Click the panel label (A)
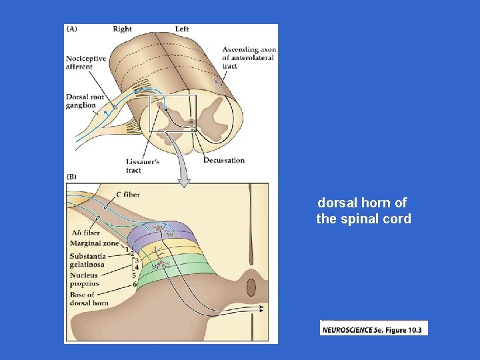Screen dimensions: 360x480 tap(71, 29)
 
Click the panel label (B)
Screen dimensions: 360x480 tap(71, 177)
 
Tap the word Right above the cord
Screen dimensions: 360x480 tap(122, 29)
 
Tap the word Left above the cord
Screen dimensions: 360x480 tap(182, 29)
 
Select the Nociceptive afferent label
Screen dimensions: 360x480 tap(86, 62)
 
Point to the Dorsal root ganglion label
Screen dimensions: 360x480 tap(81, 101)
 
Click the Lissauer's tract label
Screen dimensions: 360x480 tap(142, 165)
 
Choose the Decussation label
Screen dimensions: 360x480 tap(224, 160)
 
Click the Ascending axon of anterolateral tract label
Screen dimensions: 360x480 tap(248, 57)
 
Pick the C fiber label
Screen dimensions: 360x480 tap(127, 195)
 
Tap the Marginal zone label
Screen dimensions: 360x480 tap(94, 243)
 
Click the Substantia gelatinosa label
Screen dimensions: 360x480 tap(87, 260)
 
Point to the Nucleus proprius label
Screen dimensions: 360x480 tap(83, 279)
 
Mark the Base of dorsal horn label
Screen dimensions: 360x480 tap(88, 299)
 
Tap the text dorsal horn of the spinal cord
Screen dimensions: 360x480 tap(363, 211)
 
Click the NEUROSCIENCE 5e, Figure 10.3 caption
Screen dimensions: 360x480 tap(374, 329)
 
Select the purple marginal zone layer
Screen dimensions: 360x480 tap(163, 235)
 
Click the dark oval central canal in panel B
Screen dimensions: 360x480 tap(251, 288)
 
